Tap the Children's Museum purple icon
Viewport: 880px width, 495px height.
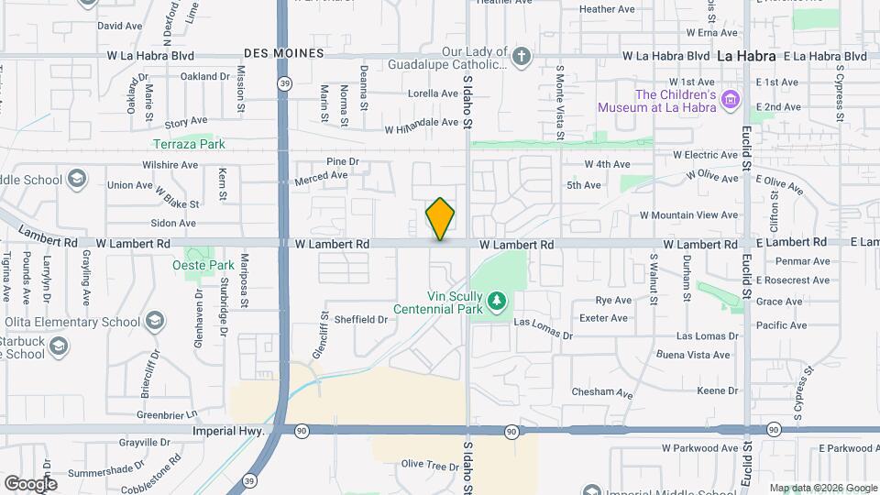point(731,99)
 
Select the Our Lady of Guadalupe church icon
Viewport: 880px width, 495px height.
point(521,57)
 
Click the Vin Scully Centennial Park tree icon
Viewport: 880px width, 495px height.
point(496,300)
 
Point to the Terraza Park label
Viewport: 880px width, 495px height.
point(189,144)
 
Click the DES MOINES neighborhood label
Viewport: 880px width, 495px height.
point(283,53)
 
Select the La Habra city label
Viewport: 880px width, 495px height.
point(746,56)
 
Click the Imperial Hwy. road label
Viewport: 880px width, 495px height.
point(229,430)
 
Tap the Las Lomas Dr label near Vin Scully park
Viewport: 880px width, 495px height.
point(543,324)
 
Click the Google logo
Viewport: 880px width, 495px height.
point(30,483)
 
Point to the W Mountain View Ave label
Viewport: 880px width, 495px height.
point(688,215)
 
